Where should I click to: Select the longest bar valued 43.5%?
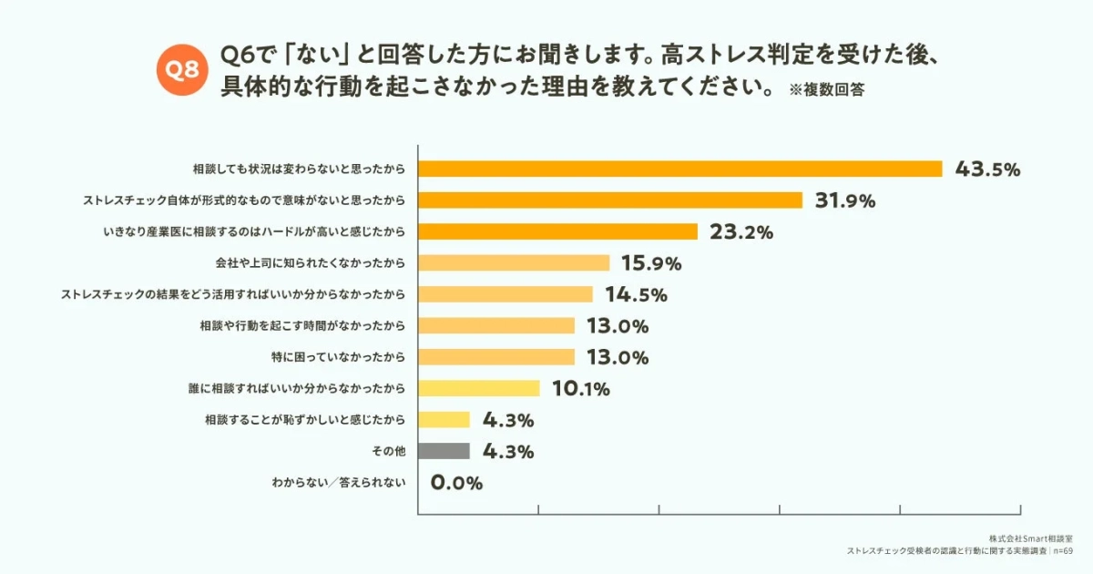679,169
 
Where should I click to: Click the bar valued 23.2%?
557,231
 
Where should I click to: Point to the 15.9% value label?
651,263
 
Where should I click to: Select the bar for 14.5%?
506,294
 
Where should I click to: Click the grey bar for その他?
444,451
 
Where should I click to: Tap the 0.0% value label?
455,483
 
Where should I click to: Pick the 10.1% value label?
580,389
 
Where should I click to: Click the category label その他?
390,451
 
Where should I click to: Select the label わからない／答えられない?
338,483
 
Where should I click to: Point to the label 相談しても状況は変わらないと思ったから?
299,169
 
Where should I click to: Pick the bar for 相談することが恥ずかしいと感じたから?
444,420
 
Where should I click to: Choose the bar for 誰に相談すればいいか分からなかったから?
479,388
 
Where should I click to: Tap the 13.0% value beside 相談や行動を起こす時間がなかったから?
616,326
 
